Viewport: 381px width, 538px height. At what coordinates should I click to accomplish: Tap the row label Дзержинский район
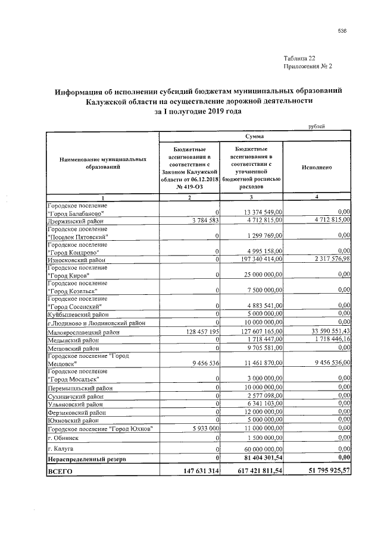76,220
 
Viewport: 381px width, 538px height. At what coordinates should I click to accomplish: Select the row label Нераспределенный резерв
89,458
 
